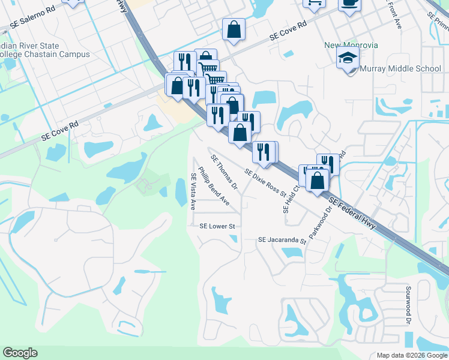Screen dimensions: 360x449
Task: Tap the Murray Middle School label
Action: click(x=400, y=68)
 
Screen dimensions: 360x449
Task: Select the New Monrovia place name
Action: click(x=348, y=44)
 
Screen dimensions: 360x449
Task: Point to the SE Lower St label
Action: click(x=216, y=226)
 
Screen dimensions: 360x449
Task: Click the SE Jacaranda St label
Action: click(x=282, y=240)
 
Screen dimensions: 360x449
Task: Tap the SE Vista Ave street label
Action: click(x=193, y=191)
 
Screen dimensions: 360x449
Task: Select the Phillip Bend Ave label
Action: click(x=214, y=187)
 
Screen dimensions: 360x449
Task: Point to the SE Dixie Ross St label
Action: click(x=265, y=182)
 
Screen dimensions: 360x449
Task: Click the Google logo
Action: click(x=20, y=353)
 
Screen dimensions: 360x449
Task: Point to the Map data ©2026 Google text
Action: click(x=411, y=355)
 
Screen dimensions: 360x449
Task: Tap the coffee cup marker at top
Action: click(x=349, y=3)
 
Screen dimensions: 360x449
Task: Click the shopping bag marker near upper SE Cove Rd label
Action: click(x=234, y=29)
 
